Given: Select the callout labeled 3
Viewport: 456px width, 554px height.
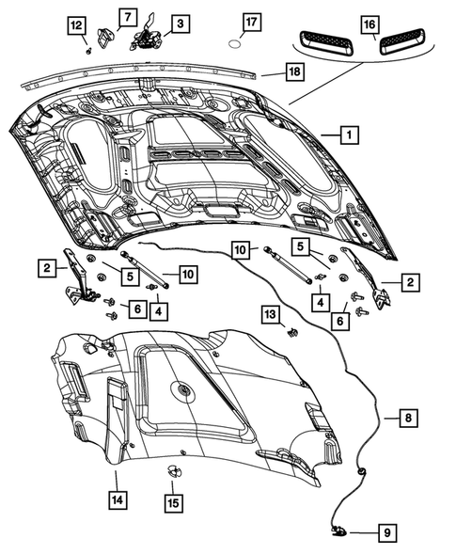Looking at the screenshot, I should [177, 21].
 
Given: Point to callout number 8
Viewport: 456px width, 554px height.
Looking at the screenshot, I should [408, 417].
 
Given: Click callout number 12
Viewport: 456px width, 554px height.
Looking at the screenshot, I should [76, 25].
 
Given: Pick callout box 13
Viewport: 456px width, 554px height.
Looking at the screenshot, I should [270, 314].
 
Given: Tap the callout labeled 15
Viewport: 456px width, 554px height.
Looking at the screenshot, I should [174, 504].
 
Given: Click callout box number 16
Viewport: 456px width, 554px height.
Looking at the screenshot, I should [370, 24].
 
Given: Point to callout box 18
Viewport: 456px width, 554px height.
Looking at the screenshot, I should [294, 71].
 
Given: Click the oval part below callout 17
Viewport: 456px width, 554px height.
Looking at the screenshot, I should [238, 43].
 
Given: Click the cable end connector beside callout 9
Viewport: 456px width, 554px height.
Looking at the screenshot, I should [338, 532].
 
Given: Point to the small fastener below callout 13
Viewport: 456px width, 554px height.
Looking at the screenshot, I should [292, 332].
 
